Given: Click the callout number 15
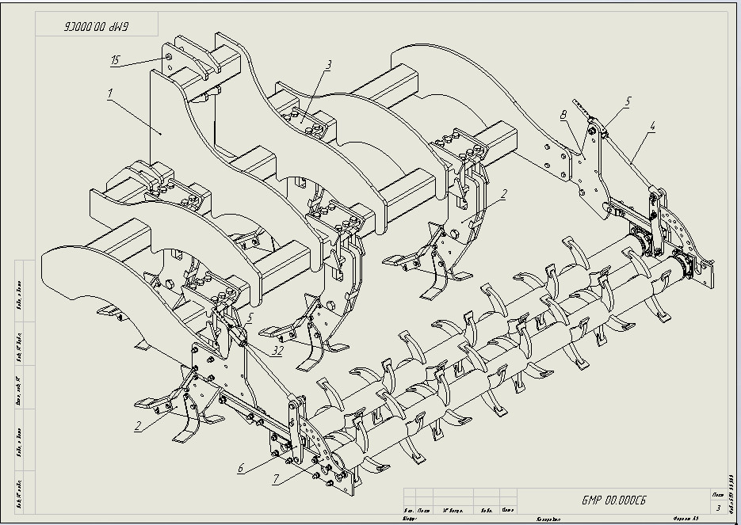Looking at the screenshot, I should coord(116,60).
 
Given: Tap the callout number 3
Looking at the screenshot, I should coord(329,64).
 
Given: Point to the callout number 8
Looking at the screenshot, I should coord(563,116).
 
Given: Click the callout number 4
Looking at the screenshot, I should coord(652,125).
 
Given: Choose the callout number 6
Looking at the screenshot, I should coord(240,468).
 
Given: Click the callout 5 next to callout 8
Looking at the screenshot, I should coord(628,101).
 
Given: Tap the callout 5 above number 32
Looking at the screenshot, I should coord(250,318).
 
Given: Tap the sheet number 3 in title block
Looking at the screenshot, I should coord(718,507).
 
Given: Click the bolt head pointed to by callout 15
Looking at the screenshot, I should coord(168,57).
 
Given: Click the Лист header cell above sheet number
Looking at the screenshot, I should coord(717,493).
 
